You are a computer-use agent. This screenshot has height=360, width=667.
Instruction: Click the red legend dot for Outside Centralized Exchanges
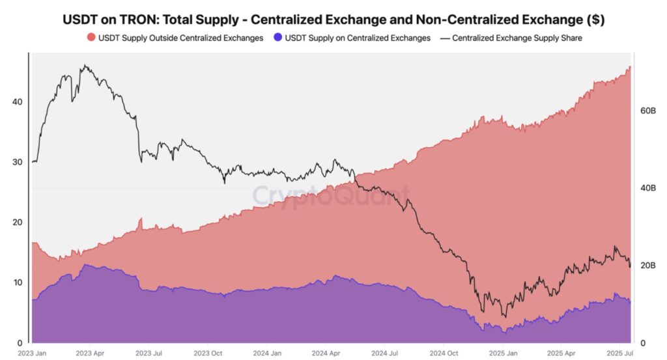(x=91, y=38)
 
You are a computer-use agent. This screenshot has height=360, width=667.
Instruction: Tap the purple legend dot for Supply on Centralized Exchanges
(x=277, y=38)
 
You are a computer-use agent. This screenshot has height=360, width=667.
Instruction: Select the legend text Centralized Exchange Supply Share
(x=517, y=38)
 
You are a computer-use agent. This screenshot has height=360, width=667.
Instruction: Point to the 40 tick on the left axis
(x=17, y=102)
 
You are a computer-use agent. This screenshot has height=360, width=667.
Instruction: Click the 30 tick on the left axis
(x=17, y=162)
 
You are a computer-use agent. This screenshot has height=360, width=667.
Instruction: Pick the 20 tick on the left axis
(x=17, y=222)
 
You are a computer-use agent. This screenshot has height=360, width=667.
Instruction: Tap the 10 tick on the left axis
(x=17, y=283)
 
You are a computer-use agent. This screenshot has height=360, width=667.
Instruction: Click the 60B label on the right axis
(x=647, y=111)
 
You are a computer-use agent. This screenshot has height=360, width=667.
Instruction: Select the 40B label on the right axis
(x=647, y=188)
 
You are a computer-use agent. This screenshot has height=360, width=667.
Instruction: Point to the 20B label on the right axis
(x=647, y=266)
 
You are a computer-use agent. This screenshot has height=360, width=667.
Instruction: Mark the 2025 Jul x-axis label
(x=619, y=353)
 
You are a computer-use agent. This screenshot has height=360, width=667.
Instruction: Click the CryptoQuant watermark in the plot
(x=331, y=194)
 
